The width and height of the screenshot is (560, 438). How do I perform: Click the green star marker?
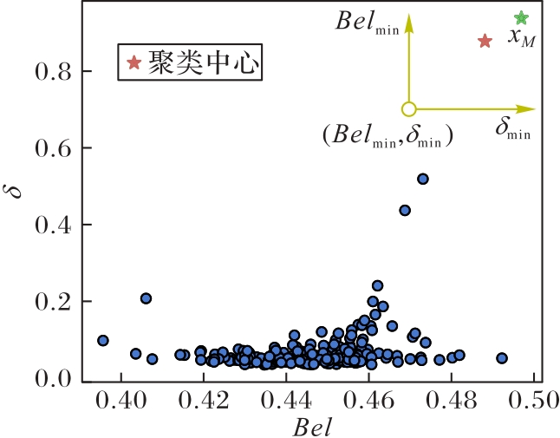coord(521,18)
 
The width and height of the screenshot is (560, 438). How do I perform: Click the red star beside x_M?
coord(485,41)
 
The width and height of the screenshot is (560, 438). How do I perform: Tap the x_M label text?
coord(521,37)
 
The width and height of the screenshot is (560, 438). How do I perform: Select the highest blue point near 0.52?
coord(423,179)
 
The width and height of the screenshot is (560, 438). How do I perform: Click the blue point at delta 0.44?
coord(405,210)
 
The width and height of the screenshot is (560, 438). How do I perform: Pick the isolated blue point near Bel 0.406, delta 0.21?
coord(147,298)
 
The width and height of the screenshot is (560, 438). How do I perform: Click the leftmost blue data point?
coord(103,340)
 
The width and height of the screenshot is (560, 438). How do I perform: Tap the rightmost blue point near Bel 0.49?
coord(501,357)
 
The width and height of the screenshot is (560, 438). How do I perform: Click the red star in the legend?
coord(133,62)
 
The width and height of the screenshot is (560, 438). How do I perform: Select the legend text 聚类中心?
coord(203,63)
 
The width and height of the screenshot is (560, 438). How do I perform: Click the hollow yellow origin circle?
coord(409,109)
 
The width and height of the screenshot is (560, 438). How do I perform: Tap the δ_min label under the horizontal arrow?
coord(512,131)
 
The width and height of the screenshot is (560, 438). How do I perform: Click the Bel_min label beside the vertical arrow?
coord(367,22)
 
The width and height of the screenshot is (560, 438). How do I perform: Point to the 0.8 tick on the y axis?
coord(53,71)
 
